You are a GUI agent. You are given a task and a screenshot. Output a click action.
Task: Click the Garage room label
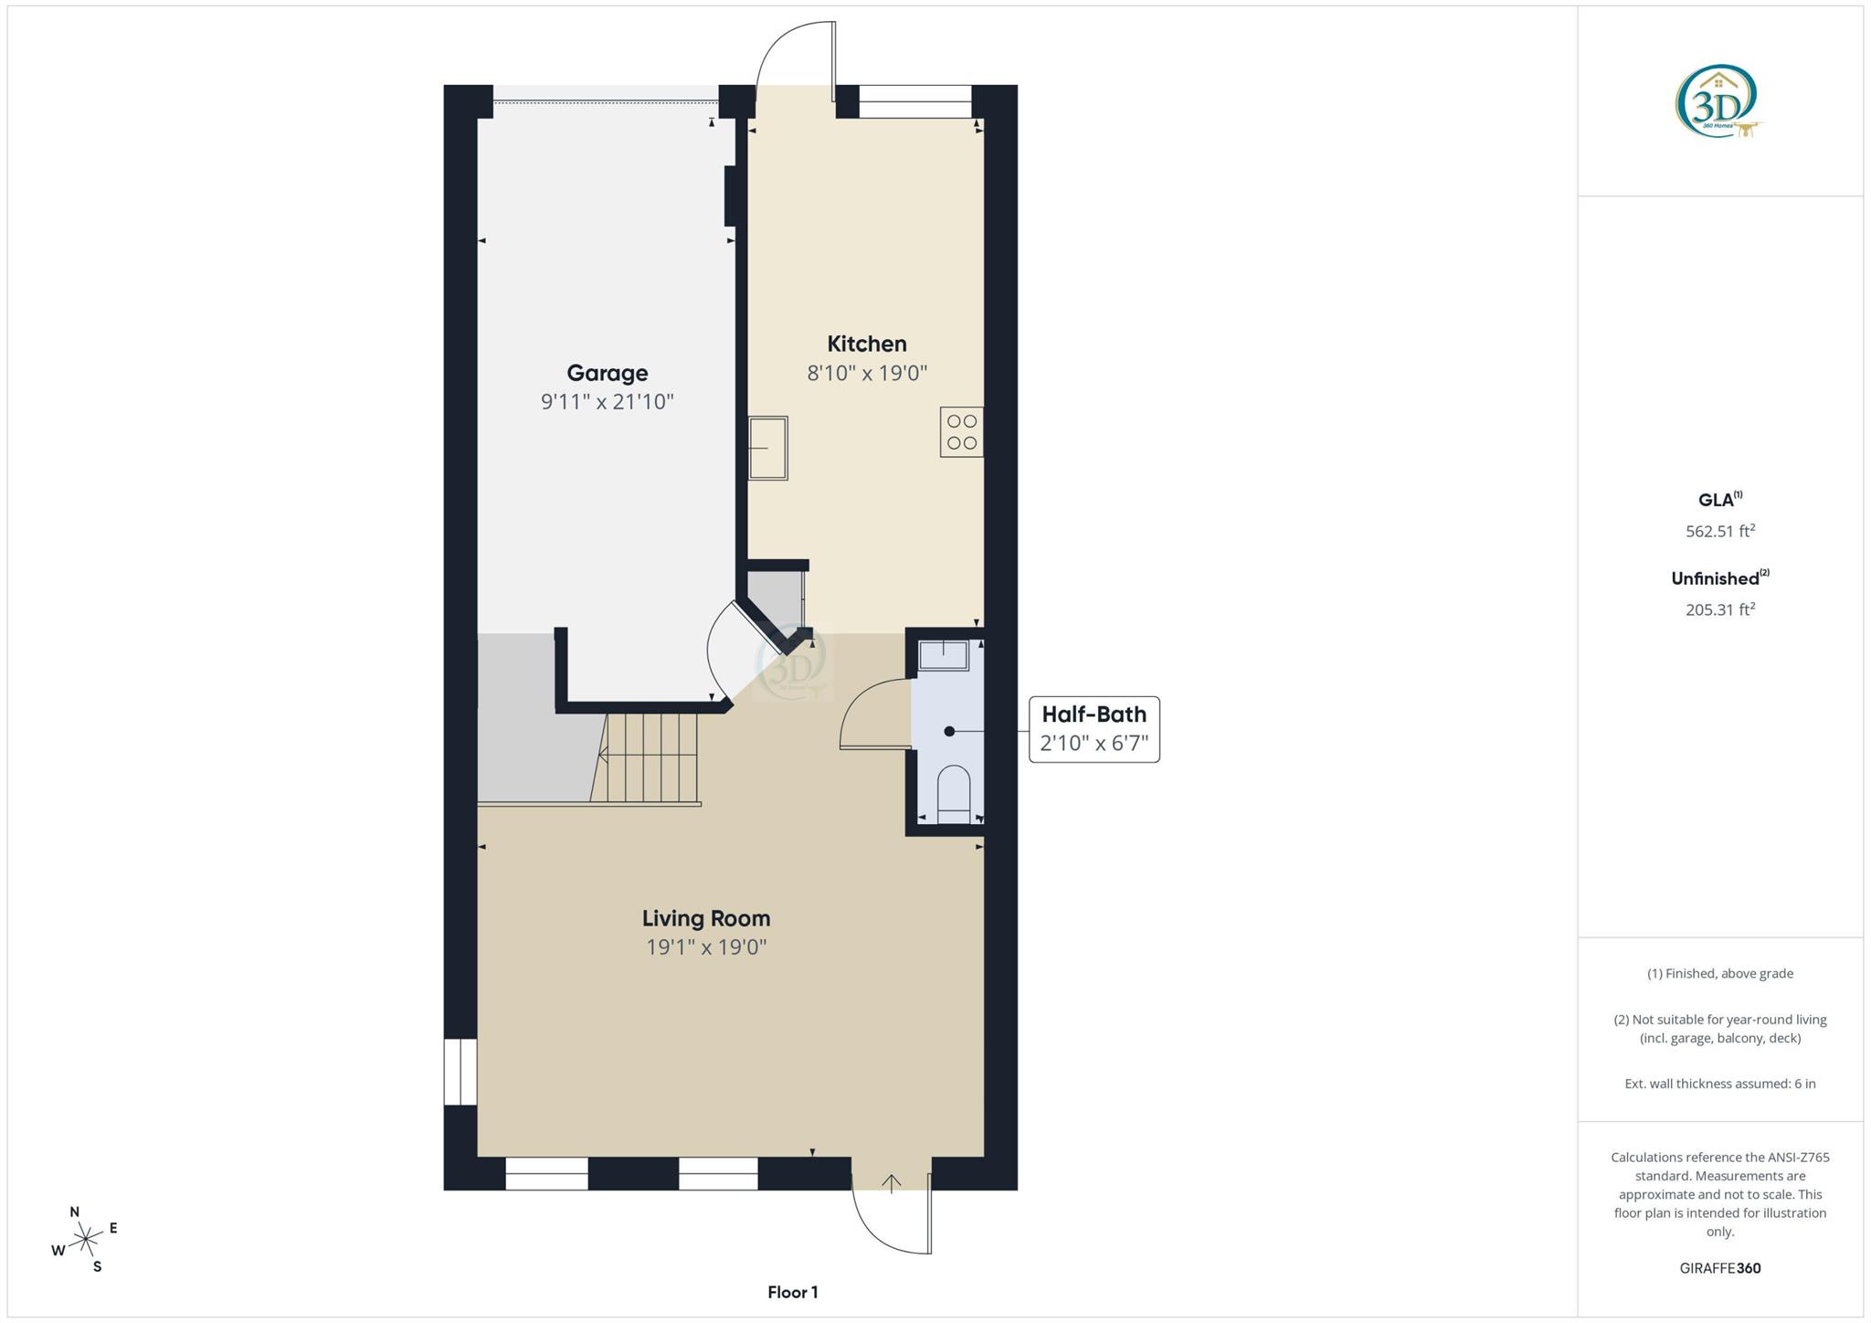point(607,373)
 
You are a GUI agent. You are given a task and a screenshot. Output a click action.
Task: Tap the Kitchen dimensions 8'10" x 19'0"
point(867,373)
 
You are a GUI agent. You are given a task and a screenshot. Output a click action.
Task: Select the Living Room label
point(705,918)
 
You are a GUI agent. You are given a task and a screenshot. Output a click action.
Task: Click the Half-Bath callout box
point(1094,729)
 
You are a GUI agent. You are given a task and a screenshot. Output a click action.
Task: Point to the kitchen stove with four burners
point(961,431)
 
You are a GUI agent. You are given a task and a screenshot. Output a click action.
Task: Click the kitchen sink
point(767,448)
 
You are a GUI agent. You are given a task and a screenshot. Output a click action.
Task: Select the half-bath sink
point(944,655)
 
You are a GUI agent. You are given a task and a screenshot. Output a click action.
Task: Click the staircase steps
point(649,758)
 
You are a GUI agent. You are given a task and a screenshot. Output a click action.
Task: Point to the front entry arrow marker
point(891,1182)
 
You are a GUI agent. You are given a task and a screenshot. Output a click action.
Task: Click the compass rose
point(85,1239)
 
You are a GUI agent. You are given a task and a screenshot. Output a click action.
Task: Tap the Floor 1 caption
point(792,1292)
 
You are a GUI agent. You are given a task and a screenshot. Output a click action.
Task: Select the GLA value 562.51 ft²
point(1719,531)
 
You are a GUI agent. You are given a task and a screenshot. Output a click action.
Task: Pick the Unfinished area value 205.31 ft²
point(1719,609)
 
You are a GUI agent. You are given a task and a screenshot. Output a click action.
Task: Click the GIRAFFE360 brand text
point(1719,1268)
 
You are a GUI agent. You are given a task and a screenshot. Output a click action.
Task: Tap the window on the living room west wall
point(460,1072)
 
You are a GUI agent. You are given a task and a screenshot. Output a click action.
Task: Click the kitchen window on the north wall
point(914,101)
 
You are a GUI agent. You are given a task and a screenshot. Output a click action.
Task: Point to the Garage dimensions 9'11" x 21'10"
point(607,402)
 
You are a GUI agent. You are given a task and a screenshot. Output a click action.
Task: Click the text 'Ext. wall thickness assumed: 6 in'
point(1719,1084)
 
